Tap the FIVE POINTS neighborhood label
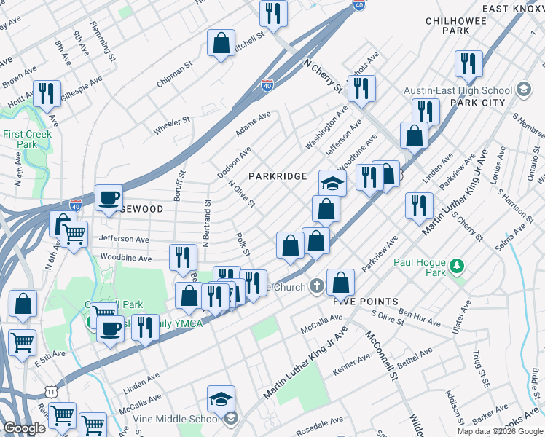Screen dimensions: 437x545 coord(366,301)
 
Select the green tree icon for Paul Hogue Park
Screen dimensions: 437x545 coord(457,265)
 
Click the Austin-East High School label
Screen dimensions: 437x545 coord(459,90)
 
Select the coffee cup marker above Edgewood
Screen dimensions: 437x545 coord(109,198)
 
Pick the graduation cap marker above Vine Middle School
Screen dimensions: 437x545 coord(221,399)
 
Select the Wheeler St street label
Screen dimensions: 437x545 coord(171,126)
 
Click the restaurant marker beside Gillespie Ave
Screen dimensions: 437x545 coord(46,93)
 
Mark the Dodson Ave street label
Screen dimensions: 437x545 coord(234,162)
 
